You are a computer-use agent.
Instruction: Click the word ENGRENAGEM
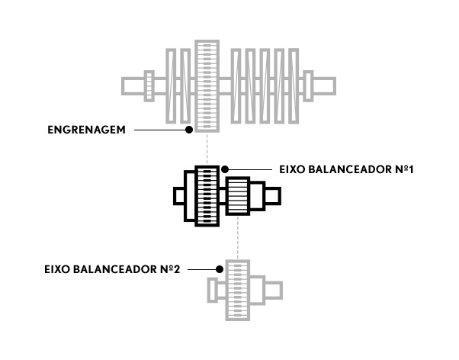tap(86, 130)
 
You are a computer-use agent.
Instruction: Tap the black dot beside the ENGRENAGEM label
tap(189, 130)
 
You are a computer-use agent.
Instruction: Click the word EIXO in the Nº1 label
tap(292, 169)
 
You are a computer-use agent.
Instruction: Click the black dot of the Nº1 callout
tap(225, 169)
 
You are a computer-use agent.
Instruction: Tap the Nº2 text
tap(170, 269)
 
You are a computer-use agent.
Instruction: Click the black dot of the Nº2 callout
tap(220, 269)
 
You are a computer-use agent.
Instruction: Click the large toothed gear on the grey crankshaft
tap(207, 86)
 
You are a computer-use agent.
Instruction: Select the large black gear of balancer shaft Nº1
tap(207, 196)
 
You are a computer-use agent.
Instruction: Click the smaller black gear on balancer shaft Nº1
tap(238, 196)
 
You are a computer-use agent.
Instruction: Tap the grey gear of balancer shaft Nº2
tap(238, 291)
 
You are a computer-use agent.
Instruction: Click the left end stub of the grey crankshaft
tap(133, 86)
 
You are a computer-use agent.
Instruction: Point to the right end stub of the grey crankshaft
tap(324, 86)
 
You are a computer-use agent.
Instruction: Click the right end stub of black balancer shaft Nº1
tap(273, 196)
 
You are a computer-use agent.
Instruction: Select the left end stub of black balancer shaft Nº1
tap(179, 196)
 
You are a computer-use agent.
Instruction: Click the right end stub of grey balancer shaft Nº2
tap(274, 291)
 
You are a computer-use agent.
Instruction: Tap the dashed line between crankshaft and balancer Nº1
tap(207, 149)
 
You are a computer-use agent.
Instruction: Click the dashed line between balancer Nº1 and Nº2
tap(238, 237)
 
